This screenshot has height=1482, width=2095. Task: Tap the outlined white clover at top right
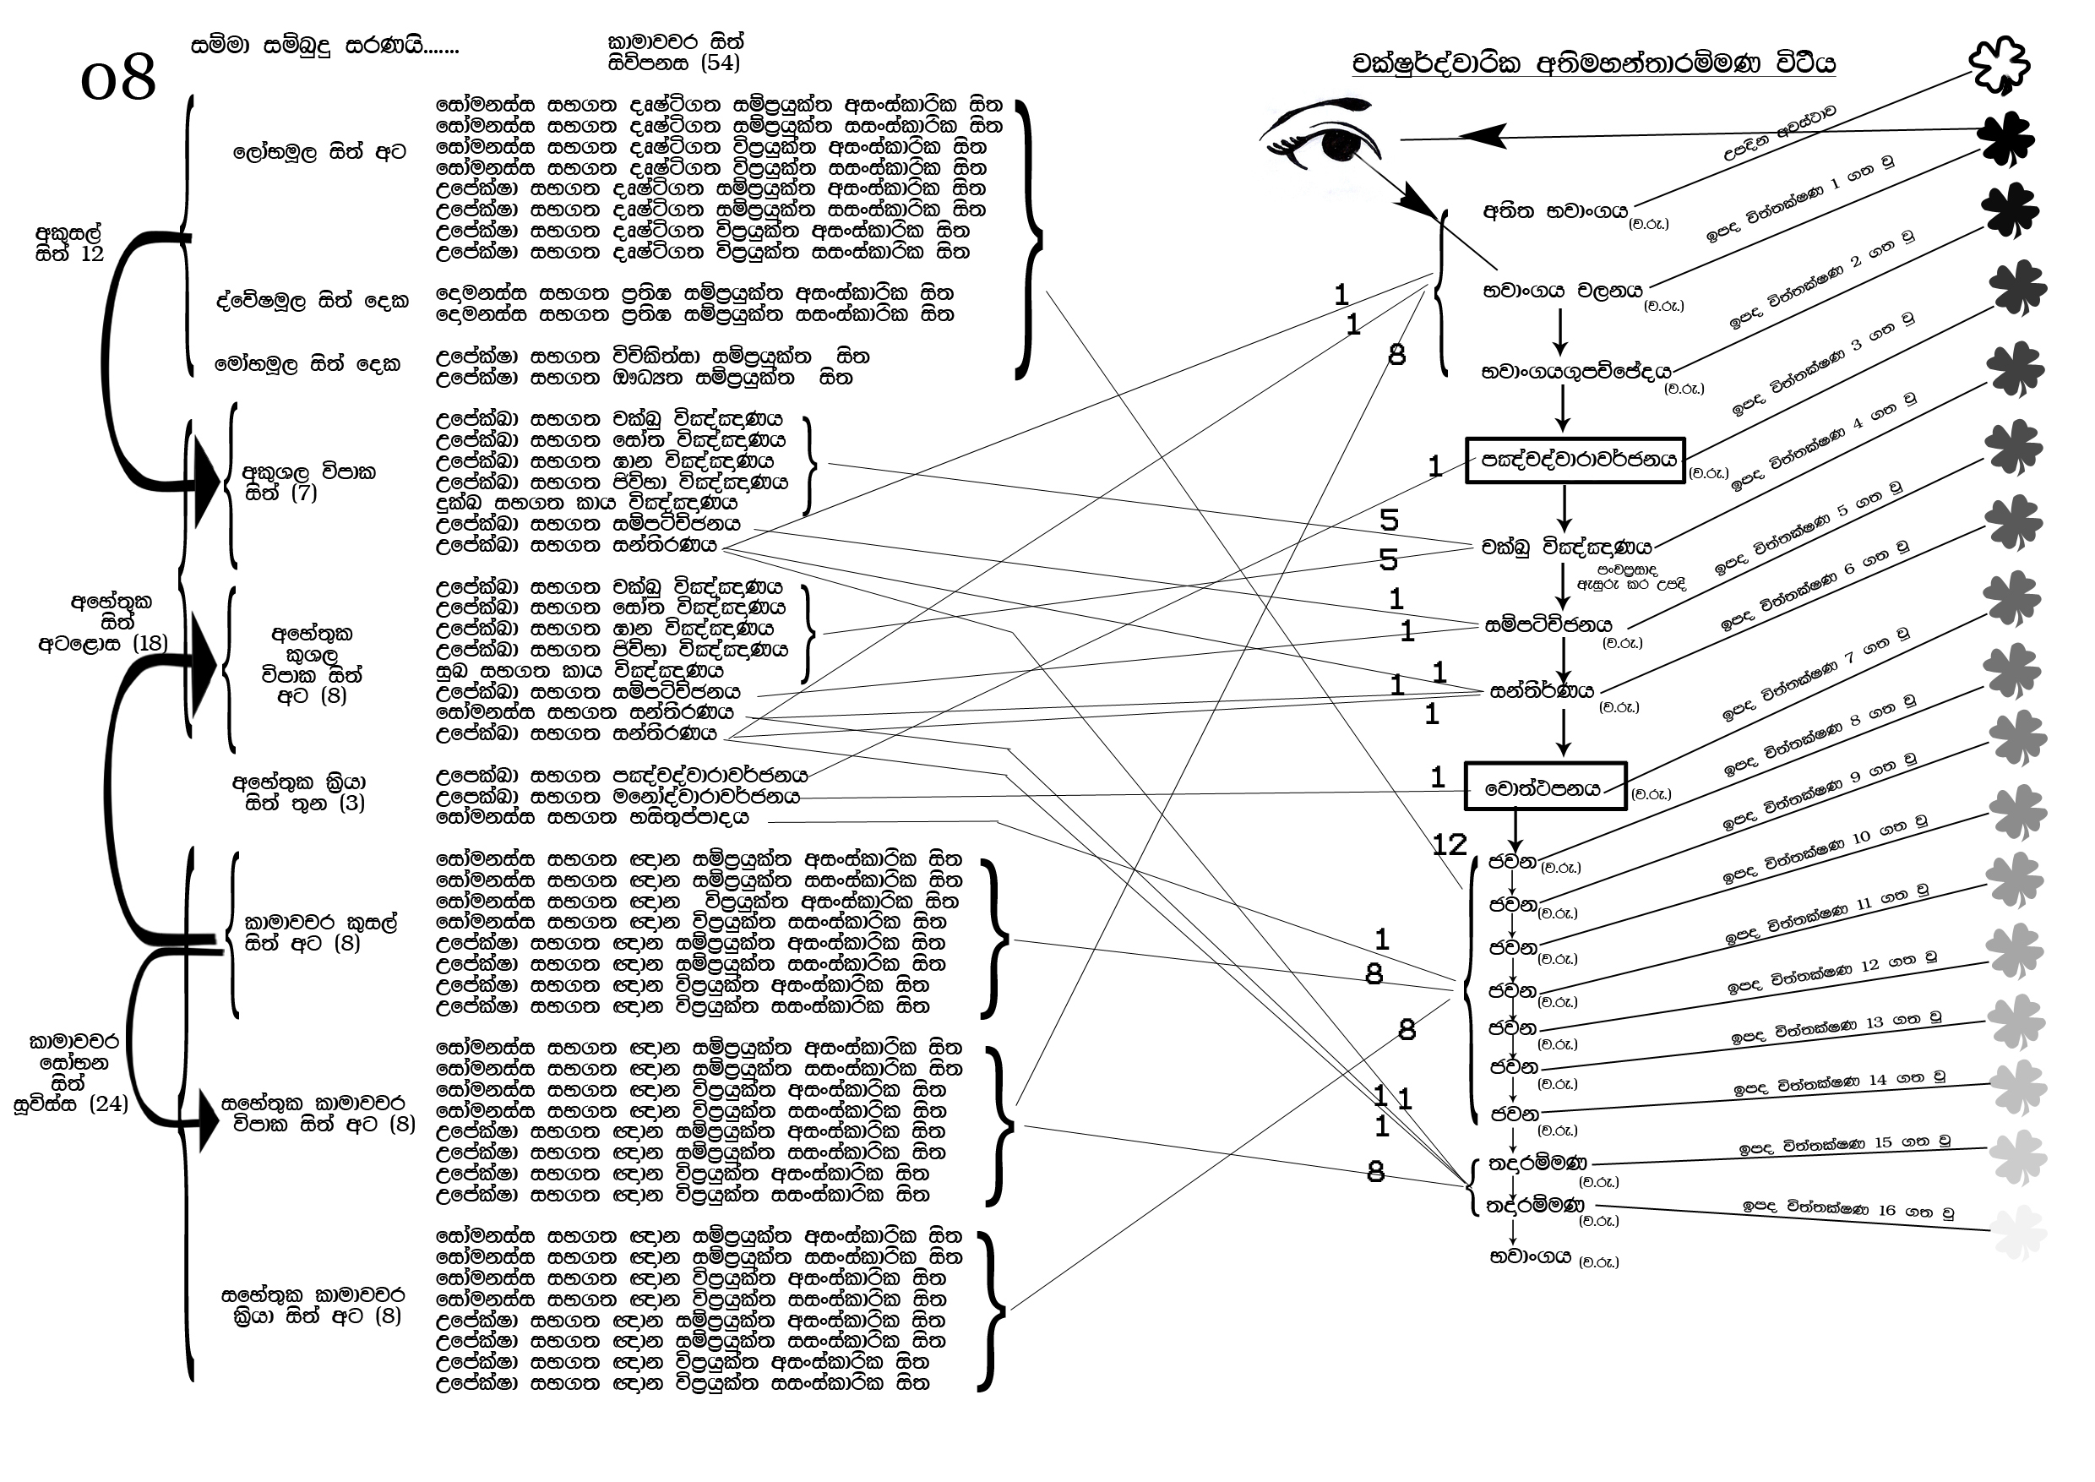[x=1999, y=65]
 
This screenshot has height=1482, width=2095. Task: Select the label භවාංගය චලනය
[x=1562, y=291]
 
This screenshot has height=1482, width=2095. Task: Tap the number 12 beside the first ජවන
[x=1449, y=844]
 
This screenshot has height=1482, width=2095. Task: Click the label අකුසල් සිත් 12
[x=69, y=243]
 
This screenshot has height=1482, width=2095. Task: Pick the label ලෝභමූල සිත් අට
[x=318, y=152]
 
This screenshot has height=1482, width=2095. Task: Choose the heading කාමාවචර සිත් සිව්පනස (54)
[x=675, y=52]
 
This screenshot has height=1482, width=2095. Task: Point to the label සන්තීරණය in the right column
[x=1541, y=691]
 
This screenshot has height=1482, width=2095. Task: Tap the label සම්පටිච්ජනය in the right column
[x=1548, y=625]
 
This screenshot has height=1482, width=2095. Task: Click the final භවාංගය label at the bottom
[x=1529, y=1256]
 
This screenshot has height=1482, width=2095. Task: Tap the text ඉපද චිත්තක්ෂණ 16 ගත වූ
[x=1847, y=1209]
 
